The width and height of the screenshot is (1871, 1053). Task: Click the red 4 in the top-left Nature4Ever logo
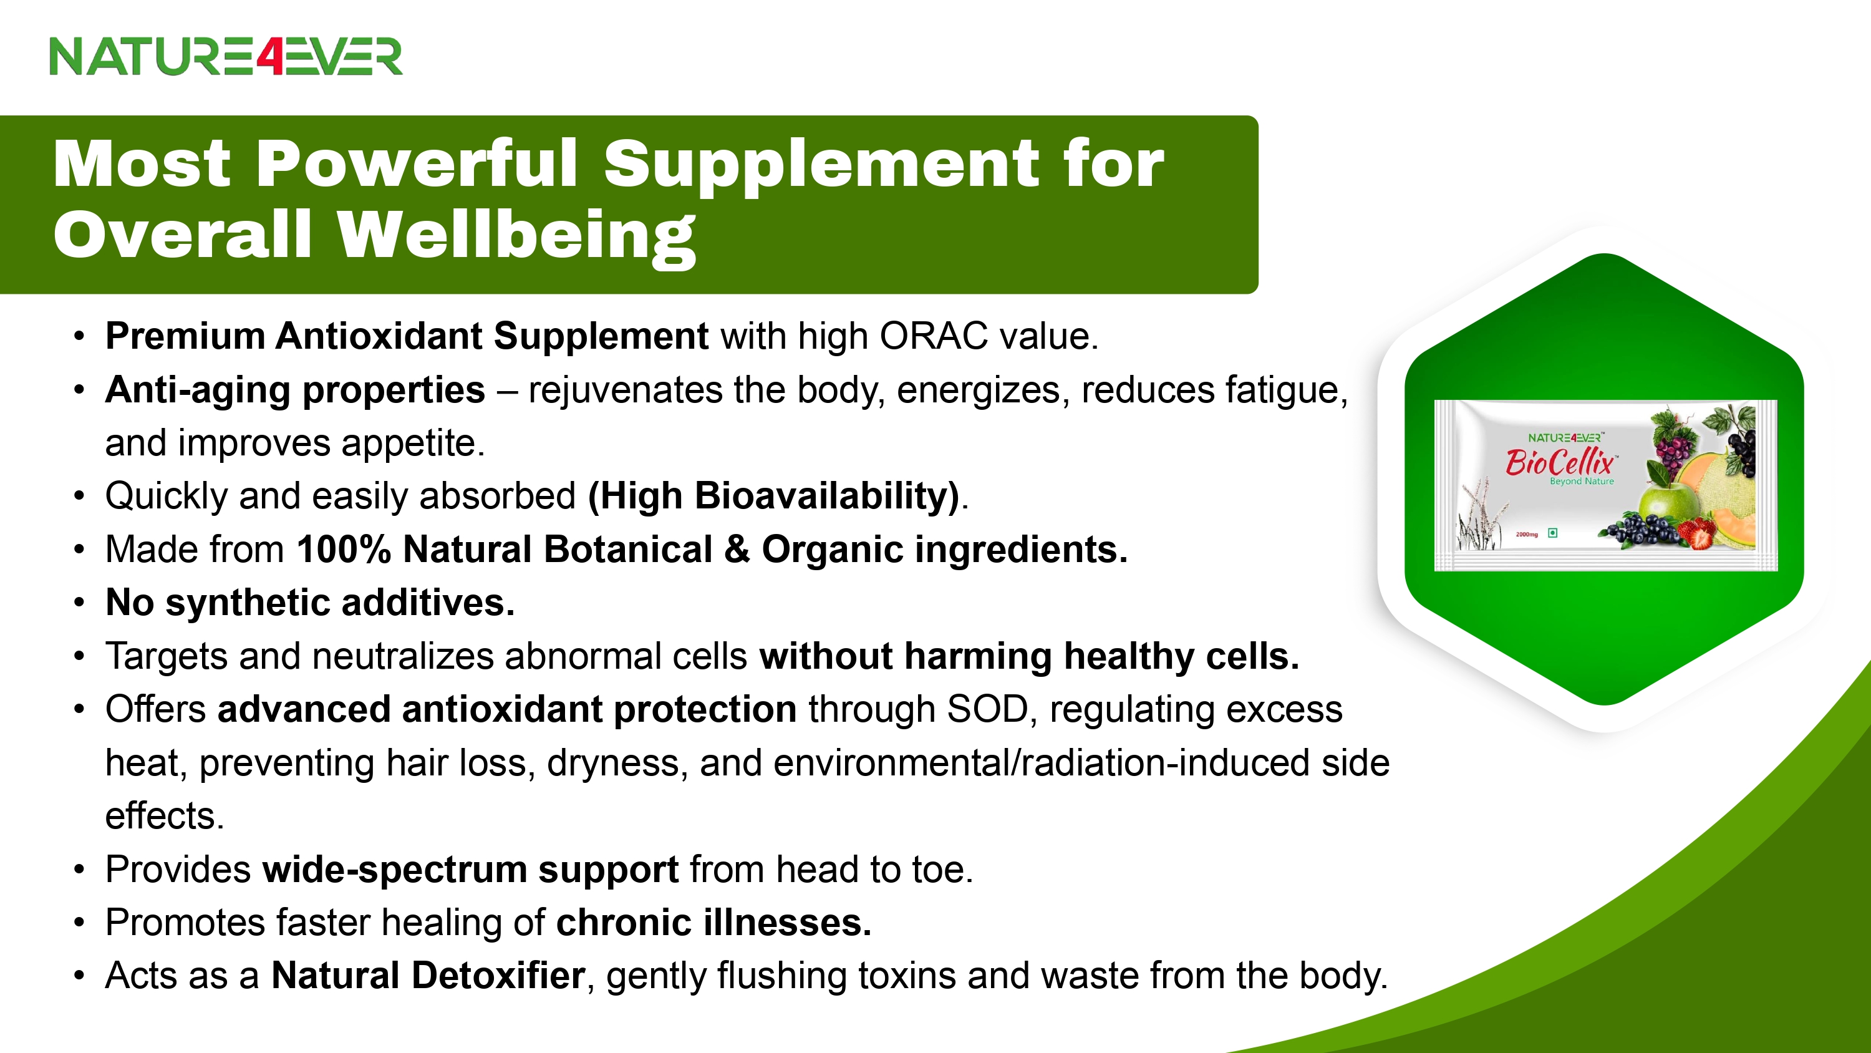[269, 57]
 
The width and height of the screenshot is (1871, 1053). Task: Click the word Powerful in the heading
[417, 165]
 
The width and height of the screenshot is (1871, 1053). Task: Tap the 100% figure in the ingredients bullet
[344, 550]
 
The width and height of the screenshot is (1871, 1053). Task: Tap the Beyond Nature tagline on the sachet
[1581, 481]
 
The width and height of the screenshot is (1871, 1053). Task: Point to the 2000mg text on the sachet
[1526, 534]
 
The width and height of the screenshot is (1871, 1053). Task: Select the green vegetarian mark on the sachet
[1552, 533]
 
